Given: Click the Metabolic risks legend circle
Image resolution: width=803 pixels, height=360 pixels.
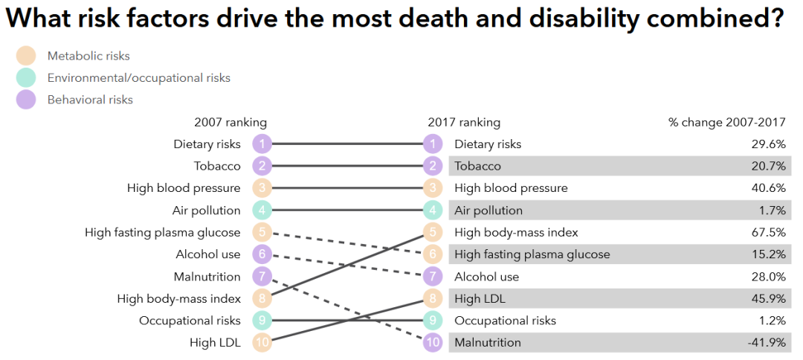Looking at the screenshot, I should pyautogui.click(x=25, y=56).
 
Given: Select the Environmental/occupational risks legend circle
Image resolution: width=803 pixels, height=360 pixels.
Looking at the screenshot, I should pyautogui.click(x=25, y=77).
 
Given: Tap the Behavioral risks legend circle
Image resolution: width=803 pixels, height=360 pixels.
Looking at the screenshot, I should pyautogui.click(x=25, y=99).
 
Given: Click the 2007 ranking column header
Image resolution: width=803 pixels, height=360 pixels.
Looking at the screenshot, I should pyautogui.click(x=230, y=122).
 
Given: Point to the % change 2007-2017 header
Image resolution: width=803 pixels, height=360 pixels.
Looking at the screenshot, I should pyautogui.click(x=726, y=122).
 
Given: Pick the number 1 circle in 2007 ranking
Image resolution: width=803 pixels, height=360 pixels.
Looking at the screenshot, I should pyautogui.click(x=262, y=144).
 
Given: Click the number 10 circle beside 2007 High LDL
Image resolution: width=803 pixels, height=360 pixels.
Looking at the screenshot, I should pyautogui.click(x=262, y=343).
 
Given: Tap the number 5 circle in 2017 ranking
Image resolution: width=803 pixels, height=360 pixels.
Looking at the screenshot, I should pyautogui.click(x=432, y=232).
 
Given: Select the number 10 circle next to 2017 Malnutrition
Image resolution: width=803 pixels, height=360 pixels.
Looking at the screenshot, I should pyautogui.click(x=432, y=343).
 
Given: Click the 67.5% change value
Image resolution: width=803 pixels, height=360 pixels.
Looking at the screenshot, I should pyautogui.click(x=769, y=232).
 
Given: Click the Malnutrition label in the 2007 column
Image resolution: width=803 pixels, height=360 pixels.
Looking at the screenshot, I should pyautogui.click(x=207, y=277).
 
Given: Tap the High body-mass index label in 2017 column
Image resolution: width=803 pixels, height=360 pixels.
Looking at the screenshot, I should pyautogui.click(x=516, y=232).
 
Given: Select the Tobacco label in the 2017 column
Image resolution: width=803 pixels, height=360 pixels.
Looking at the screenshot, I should pyautogui.click(x=477, y=166).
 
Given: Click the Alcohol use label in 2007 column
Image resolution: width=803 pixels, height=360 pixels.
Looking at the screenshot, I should pyautogui.click(x=208, y=254).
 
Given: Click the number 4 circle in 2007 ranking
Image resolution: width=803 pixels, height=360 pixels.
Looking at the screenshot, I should pyautogui.click(x=262, y=210).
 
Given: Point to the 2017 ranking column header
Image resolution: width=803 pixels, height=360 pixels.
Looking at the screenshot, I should pyautogui.click(x=464, y=122).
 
